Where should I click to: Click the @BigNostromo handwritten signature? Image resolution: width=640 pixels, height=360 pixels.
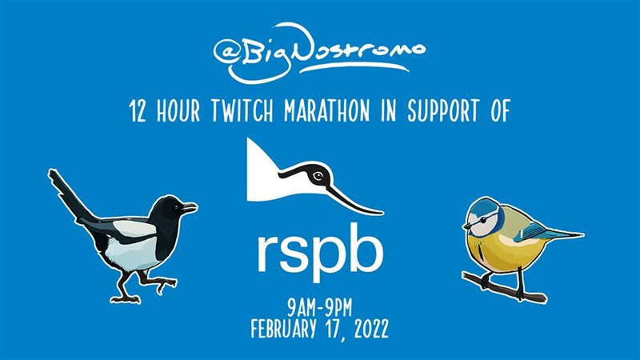click(318, 53)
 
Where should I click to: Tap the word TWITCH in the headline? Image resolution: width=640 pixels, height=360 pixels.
click(242, 110)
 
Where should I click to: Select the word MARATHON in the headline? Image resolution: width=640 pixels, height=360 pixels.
click(327, 110)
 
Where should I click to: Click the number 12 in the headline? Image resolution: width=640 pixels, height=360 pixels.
click(137, 111)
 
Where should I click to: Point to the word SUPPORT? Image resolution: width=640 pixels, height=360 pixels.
click(443, 110)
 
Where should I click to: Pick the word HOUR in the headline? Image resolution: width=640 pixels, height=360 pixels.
click(178, 110)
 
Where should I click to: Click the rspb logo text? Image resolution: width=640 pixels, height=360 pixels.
click(321, 252)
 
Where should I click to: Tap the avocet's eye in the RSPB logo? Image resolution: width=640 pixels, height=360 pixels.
click(318, 176)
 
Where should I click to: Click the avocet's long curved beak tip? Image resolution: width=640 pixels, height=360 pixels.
click(382, 212)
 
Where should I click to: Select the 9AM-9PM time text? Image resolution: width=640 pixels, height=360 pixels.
click(319, 309)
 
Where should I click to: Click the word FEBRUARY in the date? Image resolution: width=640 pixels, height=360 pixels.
click(284, 328)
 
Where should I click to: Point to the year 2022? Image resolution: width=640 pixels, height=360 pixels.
click(371, 328)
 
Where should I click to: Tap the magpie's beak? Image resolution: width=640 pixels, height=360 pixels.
click(190, 207)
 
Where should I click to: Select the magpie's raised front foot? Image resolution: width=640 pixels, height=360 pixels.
click(166, 284)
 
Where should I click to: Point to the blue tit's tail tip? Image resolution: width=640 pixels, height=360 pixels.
click(582, 234)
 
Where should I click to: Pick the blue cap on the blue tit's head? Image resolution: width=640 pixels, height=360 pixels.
click(481, 204)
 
